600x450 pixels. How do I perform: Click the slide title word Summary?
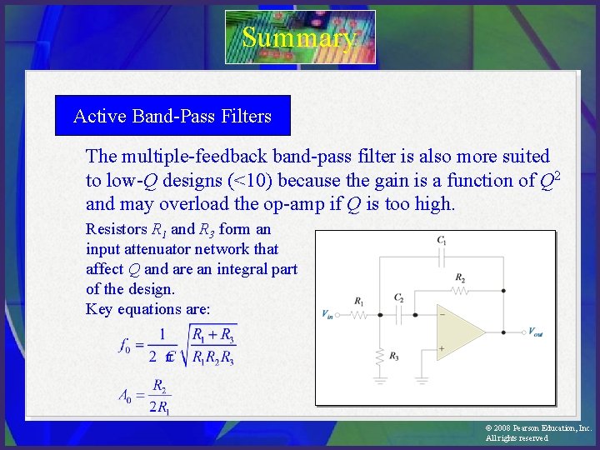pyautogui.click(x=299, y=37)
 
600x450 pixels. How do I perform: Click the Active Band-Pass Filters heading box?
pyautogui.click(x=172, y=116)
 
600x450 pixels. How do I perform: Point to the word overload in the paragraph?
pyautogui.click(x=199, y=204)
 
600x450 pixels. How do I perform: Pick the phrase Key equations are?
pyautogui.click(x=147, y=309)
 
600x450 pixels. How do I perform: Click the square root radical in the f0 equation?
pyautogui.click(x=213, y=345)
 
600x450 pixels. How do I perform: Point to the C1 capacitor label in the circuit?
pyautogui.click(x=442, y=240)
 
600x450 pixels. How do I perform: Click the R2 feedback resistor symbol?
pyautogui.click(x=460, y=292)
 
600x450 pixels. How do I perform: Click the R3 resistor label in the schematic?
pyautogui.click(x=394, y=356)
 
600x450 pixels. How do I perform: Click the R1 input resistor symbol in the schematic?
pyautogui.click(x=358, y=315)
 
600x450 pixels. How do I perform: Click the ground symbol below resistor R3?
pyautogui.click(x=380, y=379)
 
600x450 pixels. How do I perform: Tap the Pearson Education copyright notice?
pyautogui.click(x=538, y=432)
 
